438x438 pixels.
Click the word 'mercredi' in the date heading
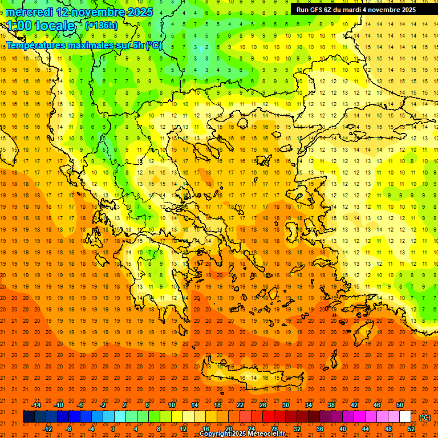pyautogui.click(x=30, y=12)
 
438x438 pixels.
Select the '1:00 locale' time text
pyautogui.click(x=41, y=26)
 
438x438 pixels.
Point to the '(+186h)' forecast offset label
pyautogui.click(x=101, y=26)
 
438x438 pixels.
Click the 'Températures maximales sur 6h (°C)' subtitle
pyautogui.click(x=84, y=45)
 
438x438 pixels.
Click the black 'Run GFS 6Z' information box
pyautogui.click(x=363, y=10)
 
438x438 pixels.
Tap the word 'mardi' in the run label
pyautogui.click(x=351, y=10)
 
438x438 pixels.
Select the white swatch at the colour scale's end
pyautogui.click(x=405, y=417)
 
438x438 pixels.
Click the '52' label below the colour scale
pyautogui.click(x=411, y=429)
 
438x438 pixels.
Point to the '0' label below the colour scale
pyautogui.click(x=113, y=429)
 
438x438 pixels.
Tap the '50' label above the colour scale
pyautogui.click(x=399, y=405)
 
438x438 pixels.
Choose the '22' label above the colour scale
pyautogui.click(x=240, y=405)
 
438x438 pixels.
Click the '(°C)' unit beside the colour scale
pyautogui.click(x=425, y=417)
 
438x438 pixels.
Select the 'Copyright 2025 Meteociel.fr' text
pyautogui.click(x=242, y=434)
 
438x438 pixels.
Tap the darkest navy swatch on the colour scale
pyautogui.click(x=29, y=417)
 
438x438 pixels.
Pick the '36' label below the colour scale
pyautogui.click(x=319, y=429)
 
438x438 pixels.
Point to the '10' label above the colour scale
pyautogui.click(x=171, y=405)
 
